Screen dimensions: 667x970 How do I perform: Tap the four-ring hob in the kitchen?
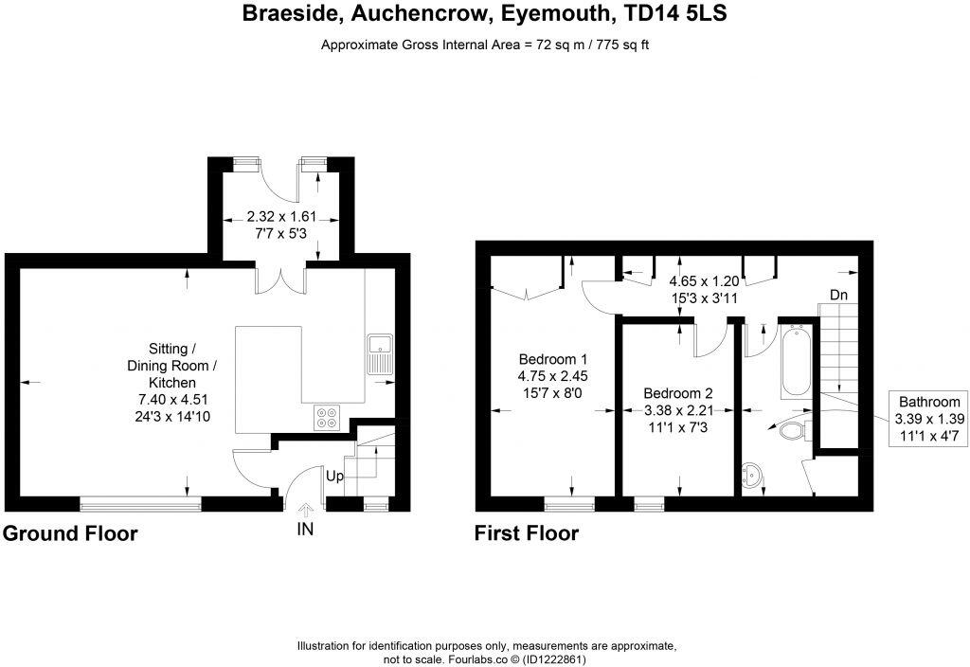(x=328, y=418)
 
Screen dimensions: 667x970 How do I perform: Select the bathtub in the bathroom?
(x=794, y=360)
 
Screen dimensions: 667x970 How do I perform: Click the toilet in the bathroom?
(x=790, y=432)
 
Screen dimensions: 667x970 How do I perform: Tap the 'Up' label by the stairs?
(x=334, y=476)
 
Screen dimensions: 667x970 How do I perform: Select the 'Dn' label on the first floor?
(x=838, y=296)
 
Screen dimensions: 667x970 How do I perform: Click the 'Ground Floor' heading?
(x=71, y=534)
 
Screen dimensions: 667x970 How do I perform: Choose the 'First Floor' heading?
(x=527, y=534)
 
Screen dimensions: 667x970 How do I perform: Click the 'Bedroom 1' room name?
(x=553, y=360)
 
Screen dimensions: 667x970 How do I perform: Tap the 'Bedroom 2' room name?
(x=677, y=393)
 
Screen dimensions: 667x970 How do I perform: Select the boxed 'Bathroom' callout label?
(x=928, y=402)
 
